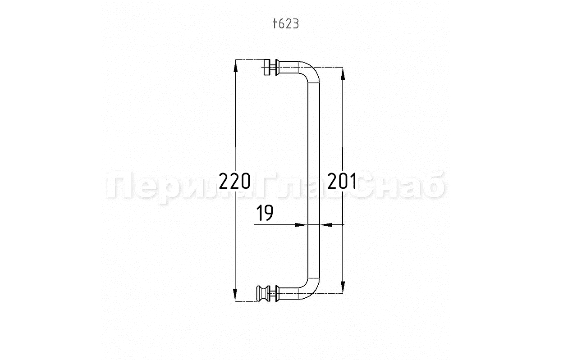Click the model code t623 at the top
pyautogui.click(x=286, y=24)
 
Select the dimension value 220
pyautogui.click(x=234, y=181)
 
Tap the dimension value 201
pyautogui.click(x=342, y=181)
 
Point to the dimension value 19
pyautogui.click(x=265, y=213)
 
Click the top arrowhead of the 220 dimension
pyautogui.click(x=235, y=66)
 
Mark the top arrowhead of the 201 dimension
pyautogui.click(x=343, y=73)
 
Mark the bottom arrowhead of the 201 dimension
pyautogui.click(x=343, y=287)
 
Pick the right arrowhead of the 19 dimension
pyautogui.click(x=326, y=225)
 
